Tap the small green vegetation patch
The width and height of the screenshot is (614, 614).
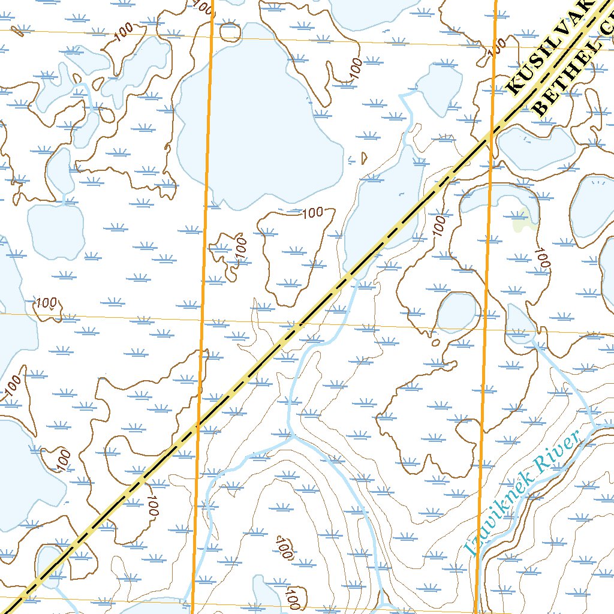point(525,220)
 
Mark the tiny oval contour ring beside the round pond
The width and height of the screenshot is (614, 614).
point(436,343)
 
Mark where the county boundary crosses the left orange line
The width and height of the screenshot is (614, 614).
point(198,425)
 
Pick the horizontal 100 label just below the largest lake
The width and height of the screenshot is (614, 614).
point(312,212)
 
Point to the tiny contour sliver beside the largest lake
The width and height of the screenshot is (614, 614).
point(364,157)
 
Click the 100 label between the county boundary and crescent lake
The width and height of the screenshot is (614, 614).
point(440,225)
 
